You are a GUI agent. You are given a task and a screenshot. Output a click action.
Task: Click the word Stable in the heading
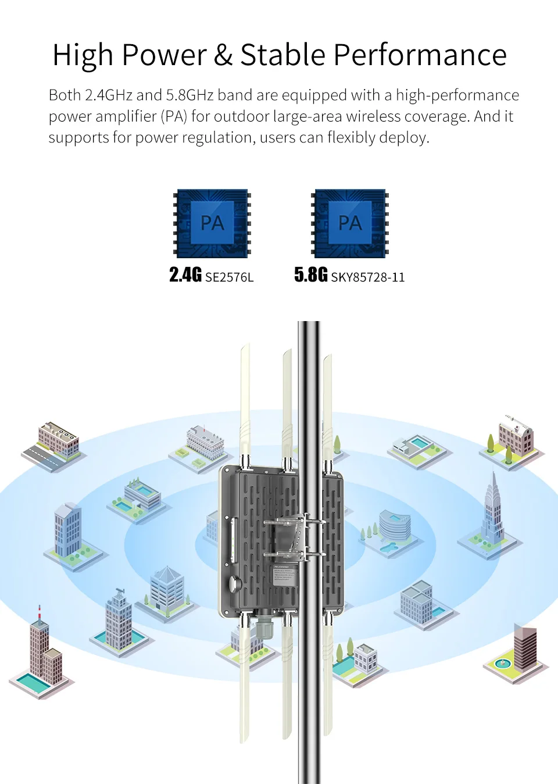282,55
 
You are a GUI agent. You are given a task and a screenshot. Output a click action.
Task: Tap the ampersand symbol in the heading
223,55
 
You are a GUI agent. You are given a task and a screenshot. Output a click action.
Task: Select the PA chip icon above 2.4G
213,223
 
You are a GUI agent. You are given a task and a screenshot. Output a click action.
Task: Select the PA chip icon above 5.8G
350,223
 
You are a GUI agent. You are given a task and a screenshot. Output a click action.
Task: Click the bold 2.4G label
185,275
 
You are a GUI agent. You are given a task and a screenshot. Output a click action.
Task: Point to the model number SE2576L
230,277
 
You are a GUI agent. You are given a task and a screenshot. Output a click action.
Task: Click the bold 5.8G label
311,275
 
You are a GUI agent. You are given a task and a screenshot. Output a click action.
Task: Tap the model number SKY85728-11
368,277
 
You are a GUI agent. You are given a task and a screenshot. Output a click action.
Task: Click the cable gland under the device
264,625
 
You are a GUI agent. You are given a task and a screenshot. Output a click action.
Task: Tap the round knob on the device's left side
234,583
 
